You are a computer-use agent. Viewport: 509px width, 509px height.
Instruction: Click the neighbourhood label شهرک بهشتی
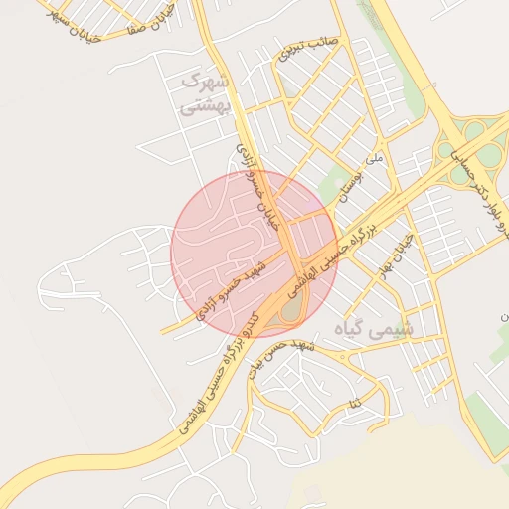click(207, 91)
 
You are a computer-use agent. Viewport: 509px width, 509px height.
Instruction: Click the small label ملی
click(374, 158)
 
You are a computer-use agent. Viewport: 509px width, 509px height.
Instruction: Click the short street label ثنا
click(353, 404)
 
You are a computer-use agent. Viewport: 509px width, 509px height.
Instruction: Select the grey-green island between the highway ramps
click(290, 311)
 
